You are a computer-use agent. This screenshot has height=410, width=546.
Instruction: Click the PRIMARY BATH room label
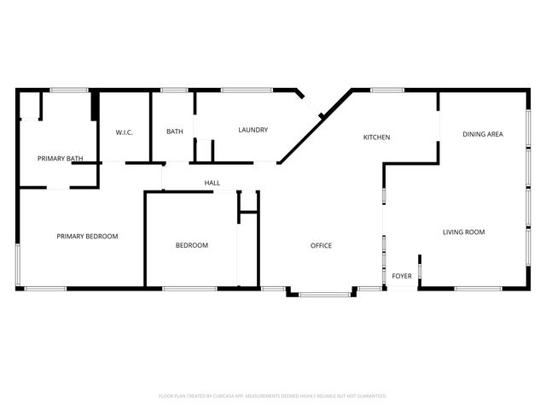pyautogui.click(x=61, y=158)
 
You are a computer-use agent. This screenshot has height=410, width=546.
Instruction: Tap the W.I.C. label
pyautogui.click(x=124, y=131)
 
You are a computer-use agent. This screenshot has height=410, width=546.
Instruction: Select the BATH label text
pyautogui.click(x=175, y=131)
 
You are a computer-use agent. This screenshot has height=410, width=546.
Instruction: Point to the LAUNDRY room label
pyautogui.click(x=253, y=130)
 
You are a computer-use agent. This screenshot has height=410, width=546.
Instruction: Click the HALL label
pyautogui.click(x=212, y=183)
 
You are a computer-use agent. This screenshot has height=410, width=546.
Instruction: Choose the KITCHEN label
pyautogui.click(x=377, y=137)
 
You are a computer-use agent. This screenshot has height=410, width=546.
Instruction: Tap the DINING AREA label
pyautogui.click(x=483, y=134)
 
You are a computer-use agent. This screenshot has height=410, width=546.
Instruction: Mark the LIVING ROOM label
pyautogui.click(x=464, y=231)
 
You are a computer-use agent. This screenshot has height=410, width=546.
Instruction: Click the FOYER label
pyautogui.click(x=401, y=276)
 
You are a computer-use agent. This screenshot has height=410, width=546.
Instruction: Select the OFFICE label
pyautogui.click(x=321, y=246)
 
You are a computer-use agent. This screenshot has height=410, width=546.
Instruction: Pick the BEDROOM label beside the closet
pyautogui.click(x=192, y=245)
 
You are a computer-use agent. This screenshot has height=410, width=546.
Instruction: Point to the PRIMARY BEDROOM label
pyautogui.click(x=87, y=236)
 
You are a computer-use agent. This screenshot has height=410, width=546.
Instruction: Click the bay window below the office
pyautogui.click(x=325, y=295)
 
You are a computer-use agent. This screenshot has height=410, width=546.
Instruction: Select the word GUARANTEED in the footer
pyautogui.click(x=369, y=396)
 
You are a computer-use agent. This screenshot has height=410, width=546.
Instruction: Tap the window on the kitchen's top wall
pyautogui.click(x=386, y=89)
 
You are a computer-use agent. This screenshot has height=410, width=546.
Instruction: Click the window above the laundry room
pyautogui.click(x=247, y=89)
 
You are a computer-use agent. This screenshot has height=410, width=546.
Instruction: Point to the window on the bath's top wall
pyautogui.click(x=174, y=89)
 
